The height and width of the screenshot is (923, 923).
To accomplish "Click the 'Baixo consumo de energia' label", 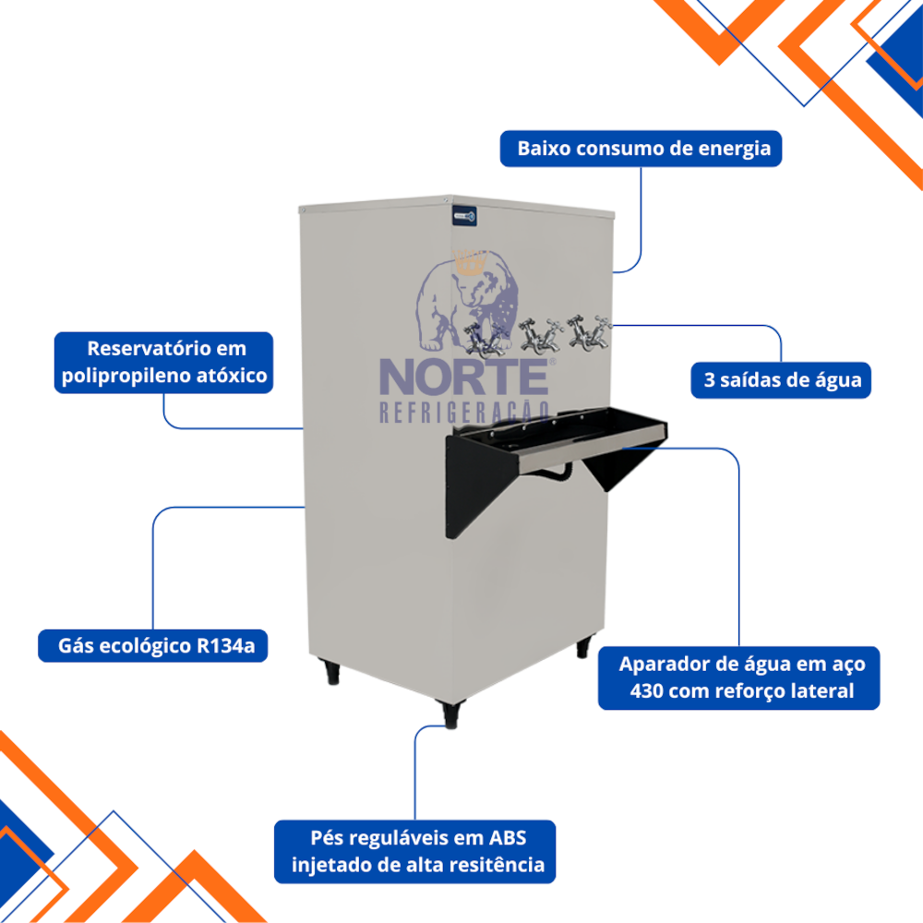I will [x=641, y=149].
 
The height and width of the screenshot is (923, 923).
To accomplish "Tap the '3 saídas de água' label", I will [x=780, y=379].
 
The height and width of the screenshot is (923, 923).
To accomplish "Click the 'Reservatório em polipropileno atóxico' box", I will [x=163, y=363].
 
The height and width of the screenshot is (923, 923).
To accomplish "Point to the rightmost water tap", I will [x=586, y=331].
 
